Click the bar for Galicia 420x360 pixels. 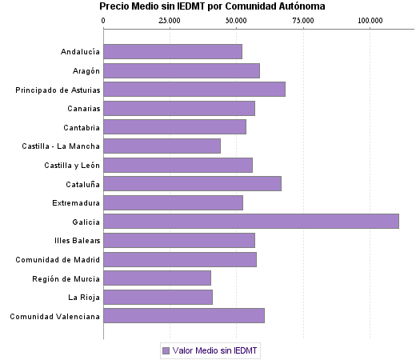(251, 222)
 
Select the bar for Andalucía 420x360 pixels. (173, 52)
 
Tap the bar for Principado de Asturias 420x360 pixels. (194, 90)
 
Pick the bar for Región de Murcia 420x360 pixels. (158, 278)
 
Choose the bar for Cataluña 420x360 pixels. (192, 184)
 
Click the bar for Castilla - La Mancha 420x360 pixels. (162, 146)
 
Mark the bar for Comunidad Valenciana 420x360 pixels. (184, 316)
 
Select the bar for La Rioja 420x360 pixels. (158, 297)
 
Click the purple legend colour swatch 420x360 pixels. (166, 350)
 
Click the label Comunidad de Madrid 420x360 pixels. (58, 260)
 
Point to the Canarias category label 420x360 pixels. (81, 109)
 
